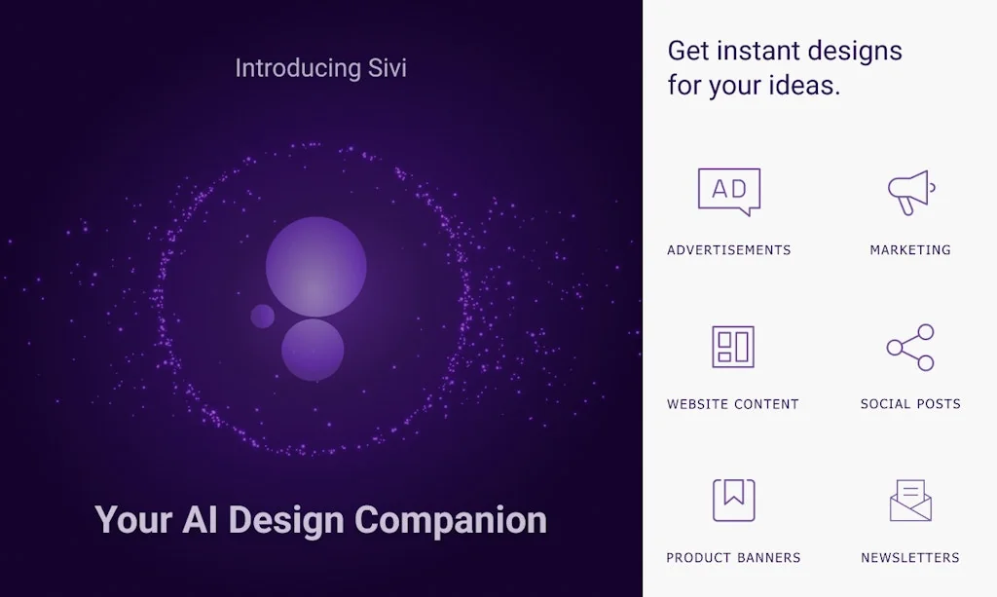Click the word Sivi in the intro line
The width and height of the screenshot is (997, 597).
tap(387, 68)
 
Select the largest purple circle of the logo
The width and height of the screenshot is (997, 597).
tap(316, 267)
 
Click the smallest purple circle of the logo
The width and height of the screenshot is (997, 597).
tap(263, 316)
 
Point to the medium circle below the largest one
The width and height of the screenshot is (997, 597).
tap(313, 350)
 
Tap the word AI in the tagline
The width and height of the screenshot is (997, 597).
tap(201, 519)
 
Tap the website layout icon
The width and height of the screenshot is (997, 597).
tap(733, 347)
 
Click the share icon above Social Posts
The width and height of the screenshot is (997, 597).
tap(910, 347)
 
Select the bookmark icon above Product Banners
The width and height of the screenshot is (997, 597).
tap(733, 500)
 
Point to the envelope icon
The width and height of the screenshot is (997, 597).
tap(910, 501)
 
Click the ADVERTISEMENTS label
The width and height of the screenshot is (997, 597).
tap(729, 250)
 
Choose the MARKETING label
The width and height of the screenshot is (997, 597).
tap(910, 250)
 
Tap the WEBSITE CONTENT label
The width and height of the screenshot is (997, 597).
tap(733, 404)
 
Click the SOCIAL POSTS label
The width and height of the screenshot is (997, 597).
tap(910, 404)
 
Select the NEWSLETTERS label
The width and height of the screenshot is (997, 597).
tap(910, 558)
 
